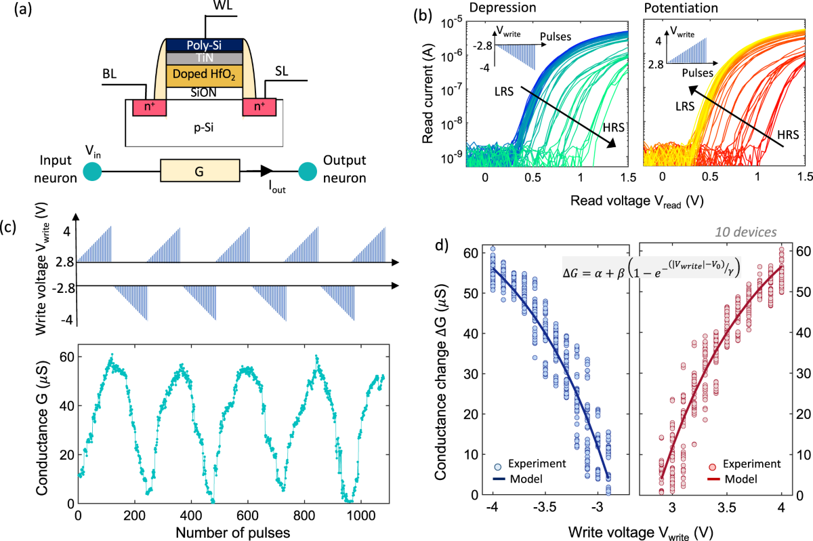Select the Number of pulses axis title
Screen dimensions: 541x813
(233, 532)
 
